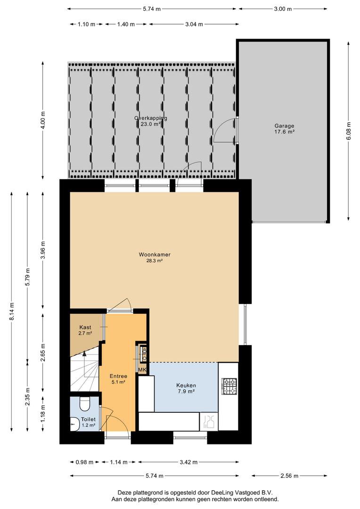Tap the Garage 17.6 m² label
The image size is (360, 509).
click(x=284, y=129)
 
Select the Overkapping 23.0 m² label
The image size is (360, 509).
click(x=151, y=121)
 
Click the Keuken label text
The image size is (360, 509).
click(x=186, y=386)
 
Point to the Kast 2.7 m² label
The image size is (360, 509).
click(x=85, y=330)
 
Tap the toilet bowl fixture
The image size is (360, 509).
click(x=85, y=403)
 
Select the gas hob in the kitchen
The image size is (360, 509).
click(x=229, y=386)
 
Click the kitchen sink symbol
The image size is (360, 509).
click(x=208, y=421)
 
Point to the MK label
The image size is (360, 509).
click(x=142, y=370)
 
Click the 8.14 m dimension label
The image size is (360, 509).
click(x=12, y=312)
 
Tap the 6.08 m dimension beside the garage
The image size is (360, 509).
click(x=349, y=131)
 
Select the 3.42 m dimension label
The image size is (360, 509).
click(x=188, y=462)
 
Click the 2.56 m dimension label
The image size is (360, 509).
click(x=289, y=476)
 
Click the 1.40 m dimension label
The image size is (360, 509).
click(x=126, y=24)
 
